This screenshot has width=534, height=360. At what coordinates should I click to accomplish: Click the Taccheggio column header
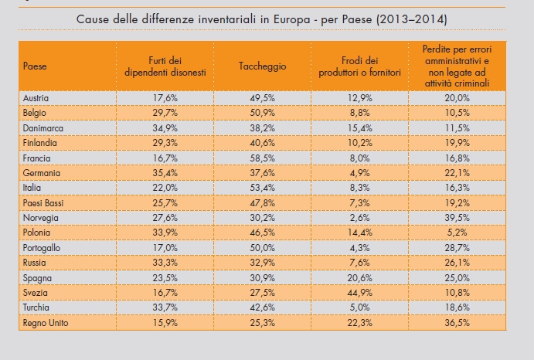[x=262, y=66]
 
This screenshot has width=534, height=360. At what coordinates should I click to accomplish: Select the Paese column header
[x=35, y=66]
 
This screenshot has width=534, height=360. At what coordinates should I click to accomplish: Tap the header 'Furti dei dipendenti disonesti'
[x=165, y=66]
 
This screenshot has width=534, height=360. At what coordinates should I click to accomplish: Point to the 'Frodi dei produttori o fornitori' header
[x=359, y=66]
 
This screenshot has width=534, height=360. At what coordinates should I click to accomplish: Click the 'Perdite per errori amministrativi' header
[x=457, y=66]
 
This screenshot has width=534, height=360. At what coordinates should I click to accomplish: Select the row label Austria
[x=36, y=98]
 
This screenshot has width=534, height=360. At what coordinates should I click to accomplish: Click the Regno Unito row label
[x=46, y=323]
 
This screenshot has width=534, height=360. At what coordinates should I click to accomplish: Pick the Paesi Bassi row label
[x=43, y=203]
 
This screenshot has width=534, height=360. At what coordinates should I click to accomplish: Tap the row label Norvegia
[x=40, y=218]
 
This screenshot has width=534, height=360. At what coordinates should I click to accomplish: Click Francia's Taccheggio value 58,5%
[x=262, y=158]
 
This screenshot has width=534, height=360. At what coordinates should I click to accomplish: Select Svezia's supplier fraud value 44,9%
[x=359, y=293]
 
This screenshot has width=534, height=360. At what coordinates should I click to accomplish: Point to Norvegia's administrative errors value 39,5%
[x=457, y=218]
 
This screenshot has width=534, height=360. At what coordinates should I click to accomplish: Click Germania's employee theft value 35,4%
[x=165, y=173]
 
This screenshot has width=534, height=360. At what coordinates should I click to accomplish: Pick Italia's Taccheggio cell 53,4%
[x=262, y=188]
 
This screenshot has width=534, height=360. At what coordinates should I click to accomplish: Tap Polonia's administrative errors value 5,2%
[x=457, y=233]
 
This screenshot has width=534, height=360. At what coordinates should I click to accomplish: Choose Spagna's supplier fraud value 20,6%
[x=359, y=278]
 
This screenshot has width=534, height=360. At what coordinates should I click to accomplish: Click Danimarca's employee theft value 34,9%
[x=165, y=128]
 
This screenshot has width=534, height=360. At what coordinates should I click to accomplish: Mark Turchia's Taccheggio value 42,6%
[x=262, y=307]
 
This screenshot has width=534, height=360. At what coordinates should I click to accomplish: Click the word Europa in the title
[x=292, y=19]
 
